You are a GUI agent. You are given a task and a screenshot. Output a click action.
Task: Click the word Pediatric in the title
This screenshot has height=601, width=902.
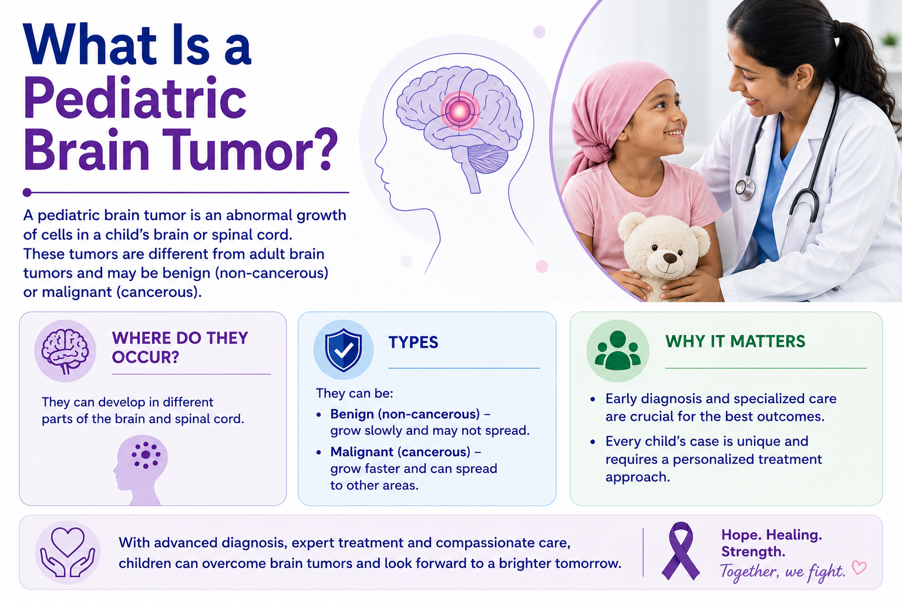point(135,99)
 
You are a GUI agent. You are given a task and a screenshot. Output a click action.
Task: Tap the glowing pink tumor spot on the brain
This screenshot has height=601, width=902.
point(460,111)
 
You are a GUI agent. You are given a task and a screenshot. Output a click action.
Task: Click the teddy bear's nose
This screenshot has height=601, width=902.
point(670,258)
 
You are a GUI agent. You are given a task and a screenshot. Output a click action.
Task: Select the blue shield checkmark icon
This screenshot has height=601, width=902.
point(344,350)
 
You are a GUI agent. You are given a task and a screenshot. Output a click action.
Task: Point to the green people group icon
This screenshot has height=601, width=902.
point(617,350)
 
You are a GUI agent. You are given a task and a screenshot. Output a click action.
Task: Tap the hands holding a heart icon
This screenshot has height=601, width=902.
point(68,552)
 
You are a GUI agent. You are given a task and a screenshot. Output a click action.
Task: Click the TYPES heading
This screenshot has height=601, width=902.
point(413,342)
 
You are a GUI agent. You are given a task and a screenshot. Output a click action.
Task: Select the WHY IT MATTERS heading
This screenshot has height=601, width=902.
point(735,342)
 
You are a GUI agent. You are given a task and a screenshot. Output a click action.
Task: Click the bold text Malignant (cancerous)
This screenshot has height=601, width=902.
point(400,452)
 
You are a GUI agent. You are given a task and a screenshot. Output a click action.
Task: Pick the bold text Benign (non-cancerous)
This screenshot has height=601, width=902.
point(405,414)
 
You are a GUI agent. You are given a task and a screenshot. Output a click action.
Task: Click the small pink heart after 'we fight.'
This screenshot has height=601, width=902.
point(859,568)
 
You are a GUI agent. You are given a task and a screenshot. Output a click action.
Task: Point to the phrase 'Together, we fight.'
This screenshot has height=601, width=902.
point(782,572)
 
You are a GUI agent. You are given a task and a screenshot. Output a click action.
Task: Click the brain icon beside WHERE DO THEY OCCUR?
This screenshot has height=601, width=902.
point(65,351)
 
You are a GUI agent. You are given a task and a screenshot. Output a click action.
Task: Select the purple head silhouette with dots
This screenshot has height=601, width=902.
point(140,470)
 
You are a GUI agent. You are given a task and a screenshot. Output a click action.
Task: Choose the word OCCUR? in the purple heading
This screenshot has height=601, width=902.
point(146,357)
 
